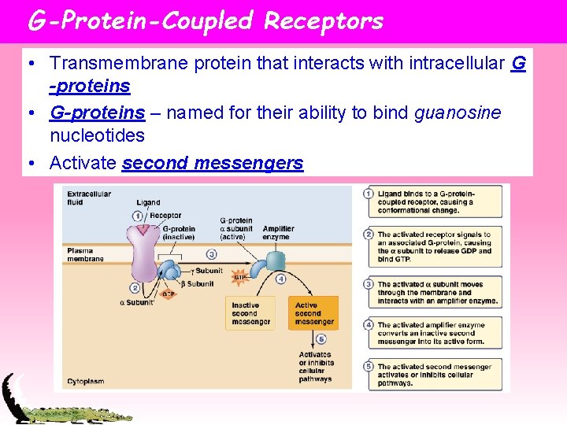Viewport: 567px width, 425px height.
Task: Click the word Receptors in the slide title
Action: click(x=324, y=20)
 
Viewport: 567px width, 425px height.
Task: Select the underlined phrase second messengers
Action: click(x=213, y=163)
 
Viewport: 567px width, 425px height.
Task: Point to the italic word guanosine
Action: click(x=457, y=113)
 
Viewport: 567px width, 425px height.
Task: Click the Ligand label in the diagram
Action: click(x=148, y=202)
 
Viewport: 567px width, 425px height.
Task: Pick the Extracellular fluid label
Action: click(x=89, y=198)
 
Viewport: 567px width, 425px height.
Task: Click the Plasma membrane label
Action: click(x=85, y=254)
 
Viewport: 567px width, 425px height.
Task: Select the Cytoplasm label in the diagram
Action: click(x=85, y=380)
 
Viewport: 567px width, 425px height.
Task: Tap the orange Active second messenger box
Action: click(x=314, y=312)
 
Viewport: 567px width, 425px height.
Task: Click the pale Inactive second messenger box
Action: click(x=250, y=312)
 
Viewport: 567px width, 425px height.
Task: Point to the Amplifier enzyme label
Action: click(x=278, y=232)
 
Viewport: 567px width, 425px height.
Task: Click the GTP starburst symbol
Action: click(x=239, y=277)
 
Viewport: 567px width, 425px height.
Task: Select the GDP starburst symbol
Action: click(x=167, y=294)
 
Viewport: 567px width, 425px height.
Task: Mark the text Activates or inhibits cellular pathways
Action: click(x=315, y=366)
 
